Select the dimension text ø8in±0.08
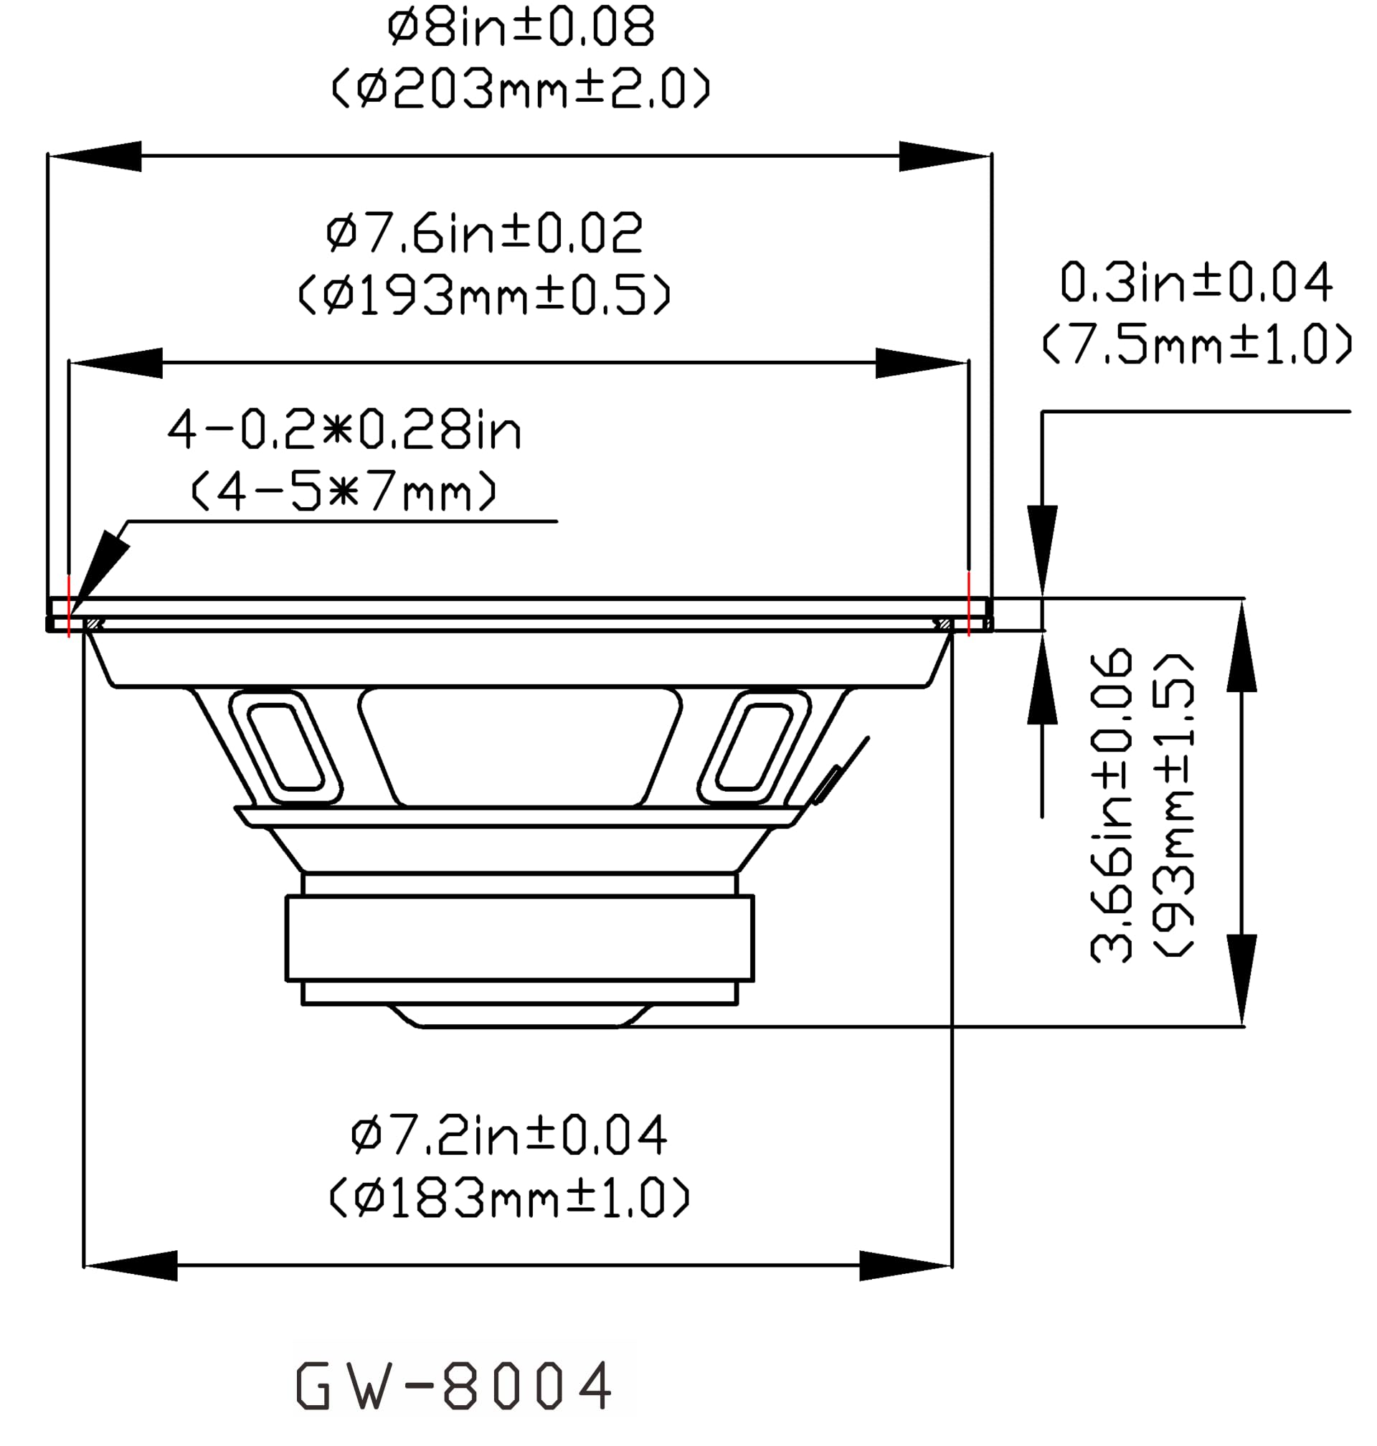(521, 28)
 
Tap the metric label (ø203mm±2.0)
(521, 89)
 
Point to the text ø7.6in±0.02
(484, 233)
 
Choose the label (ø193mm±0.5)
(484, 295)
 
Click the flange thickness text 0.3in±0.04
(1196, 283)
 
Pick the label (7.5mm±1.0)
(1196, 344)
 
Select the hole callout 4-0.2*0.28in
(344, 430)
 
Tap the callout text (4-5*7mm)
(344, 491)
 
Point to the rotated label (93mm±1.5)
(1173, 805)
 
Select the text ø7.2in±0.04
(508, 1135)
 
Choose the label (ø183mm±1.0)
(508, 1198)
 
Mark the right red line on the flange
(969, 604)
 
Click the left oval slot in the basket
(285, 747)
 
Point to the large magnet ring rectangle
(520, 937)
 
